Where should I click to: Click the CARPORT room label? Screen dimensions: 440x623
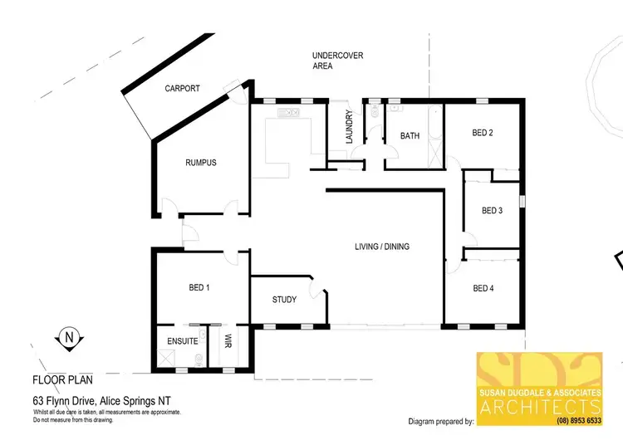coord(182,88)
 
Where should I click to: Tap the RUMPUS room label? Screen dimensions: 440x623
coord(200,163)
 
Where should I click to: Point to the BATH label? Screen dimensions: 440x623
coord(410,136)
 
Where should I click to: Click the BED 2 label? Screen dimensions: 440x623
coord(483,133)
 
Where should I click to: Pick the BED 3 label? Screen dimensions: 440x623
coord(493,211)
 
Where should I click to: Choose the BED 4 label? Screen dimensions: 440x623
coord(483,288)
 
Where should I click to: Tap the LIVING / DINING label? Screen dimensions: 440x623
coord(382,247)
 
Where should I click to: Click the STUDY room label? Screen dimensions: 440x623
coord(284,300)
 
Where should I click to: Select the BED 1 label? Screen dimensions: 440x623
coord(199,288)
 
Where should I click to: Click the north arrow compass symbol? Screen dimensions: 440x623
coord(70,338)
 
